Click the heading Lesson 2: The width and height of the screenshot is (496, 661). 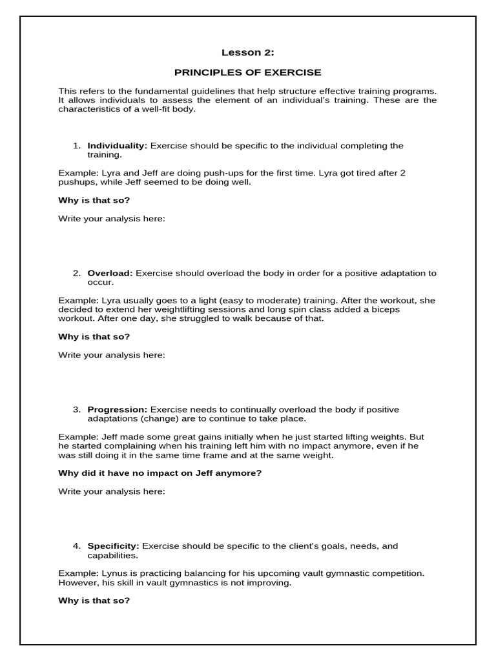click(x=247, y=53)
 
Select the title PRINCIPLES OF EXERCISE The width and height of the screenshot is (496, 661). click(x=247, y=72)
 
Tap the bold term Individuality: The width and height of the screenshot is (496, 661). click(x=118, y=146)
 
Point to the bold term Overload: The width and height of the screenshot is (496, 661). click(x=110, y=273)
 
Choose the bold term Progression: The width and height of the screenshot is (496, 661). click(x=118, y=409)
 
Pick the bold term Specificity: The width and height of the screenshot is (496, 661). click(x=114, y=546)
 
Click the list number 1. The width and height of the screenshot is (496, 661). click(x=77, y=146)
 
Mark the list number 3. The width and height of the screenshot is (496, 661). click(x=77, y=409)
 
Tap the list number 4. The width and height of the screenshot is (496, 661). click(x=77, y=546)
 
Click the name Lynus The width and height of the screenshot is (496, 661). click(x=114, y=573)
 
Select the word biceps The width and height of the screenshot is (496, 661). click(x=401, y=309)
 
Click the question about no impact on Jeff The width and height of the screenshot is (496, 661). click(x=160, y=473)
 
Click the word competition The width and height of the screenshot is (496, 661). click(x=399, y=573)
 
